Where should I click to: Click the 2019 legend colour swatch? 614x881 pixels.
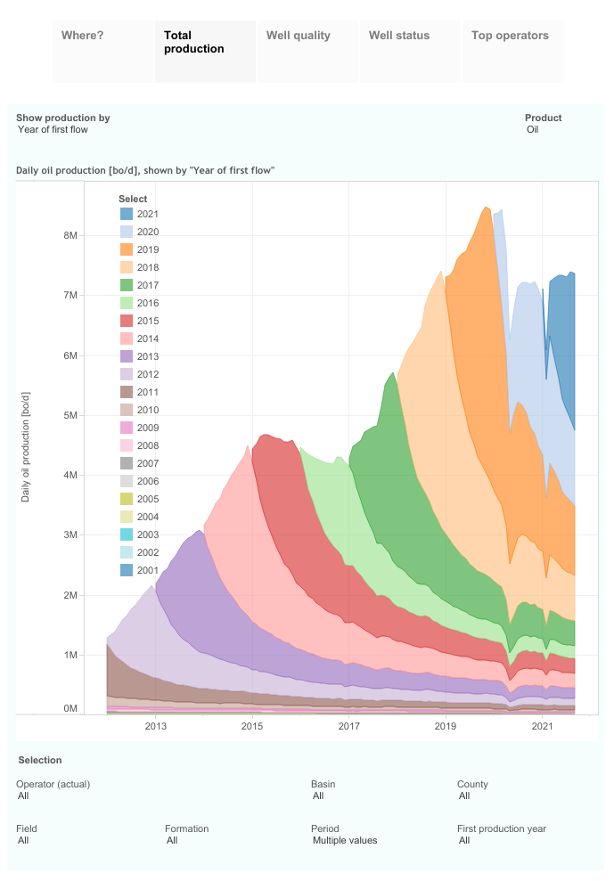(127, 249)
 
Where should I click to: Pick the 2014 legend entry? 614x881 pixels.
(148, 339)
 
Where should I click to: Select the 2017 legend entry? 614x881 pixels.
(148, 285)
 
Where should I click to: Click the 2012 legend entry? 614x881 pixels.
(148, 374)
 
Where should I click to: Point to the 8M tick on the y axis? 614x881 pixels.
(70, 235)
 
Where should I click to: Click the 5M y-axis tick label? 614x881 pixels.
(70, 415)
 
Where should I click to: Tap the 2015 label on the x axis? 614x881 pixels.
(252, 727)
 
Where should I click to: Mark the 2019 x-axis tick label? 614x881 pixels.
(446, 727)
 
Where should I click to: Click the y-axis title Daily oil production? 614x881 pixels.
(25, 445)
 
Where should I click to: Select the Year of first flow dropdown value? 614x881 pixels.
(53, 130)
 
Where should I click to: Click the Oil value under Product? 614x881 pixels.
(533, 130)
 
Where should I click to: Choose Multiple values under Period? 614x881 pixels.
(345, 840)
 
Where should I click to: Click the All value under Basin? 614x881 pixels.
(318, 796)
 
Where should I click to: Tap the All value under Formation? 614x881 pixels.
(172, 840)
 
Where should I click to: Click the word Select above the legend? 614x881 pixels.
(133, 199)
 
